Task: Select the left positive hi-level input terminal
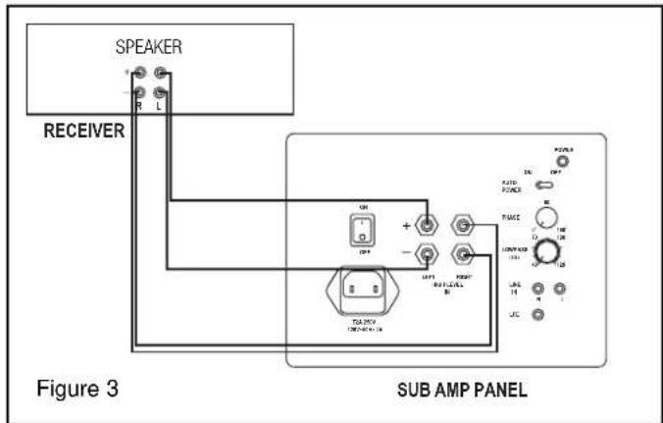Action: coord(428,227)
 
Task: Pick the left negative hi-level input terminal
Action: coord(428,257)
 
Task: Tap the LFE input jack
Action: coord(537,314)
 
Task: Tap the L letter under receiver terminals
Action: coord(162,106)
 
